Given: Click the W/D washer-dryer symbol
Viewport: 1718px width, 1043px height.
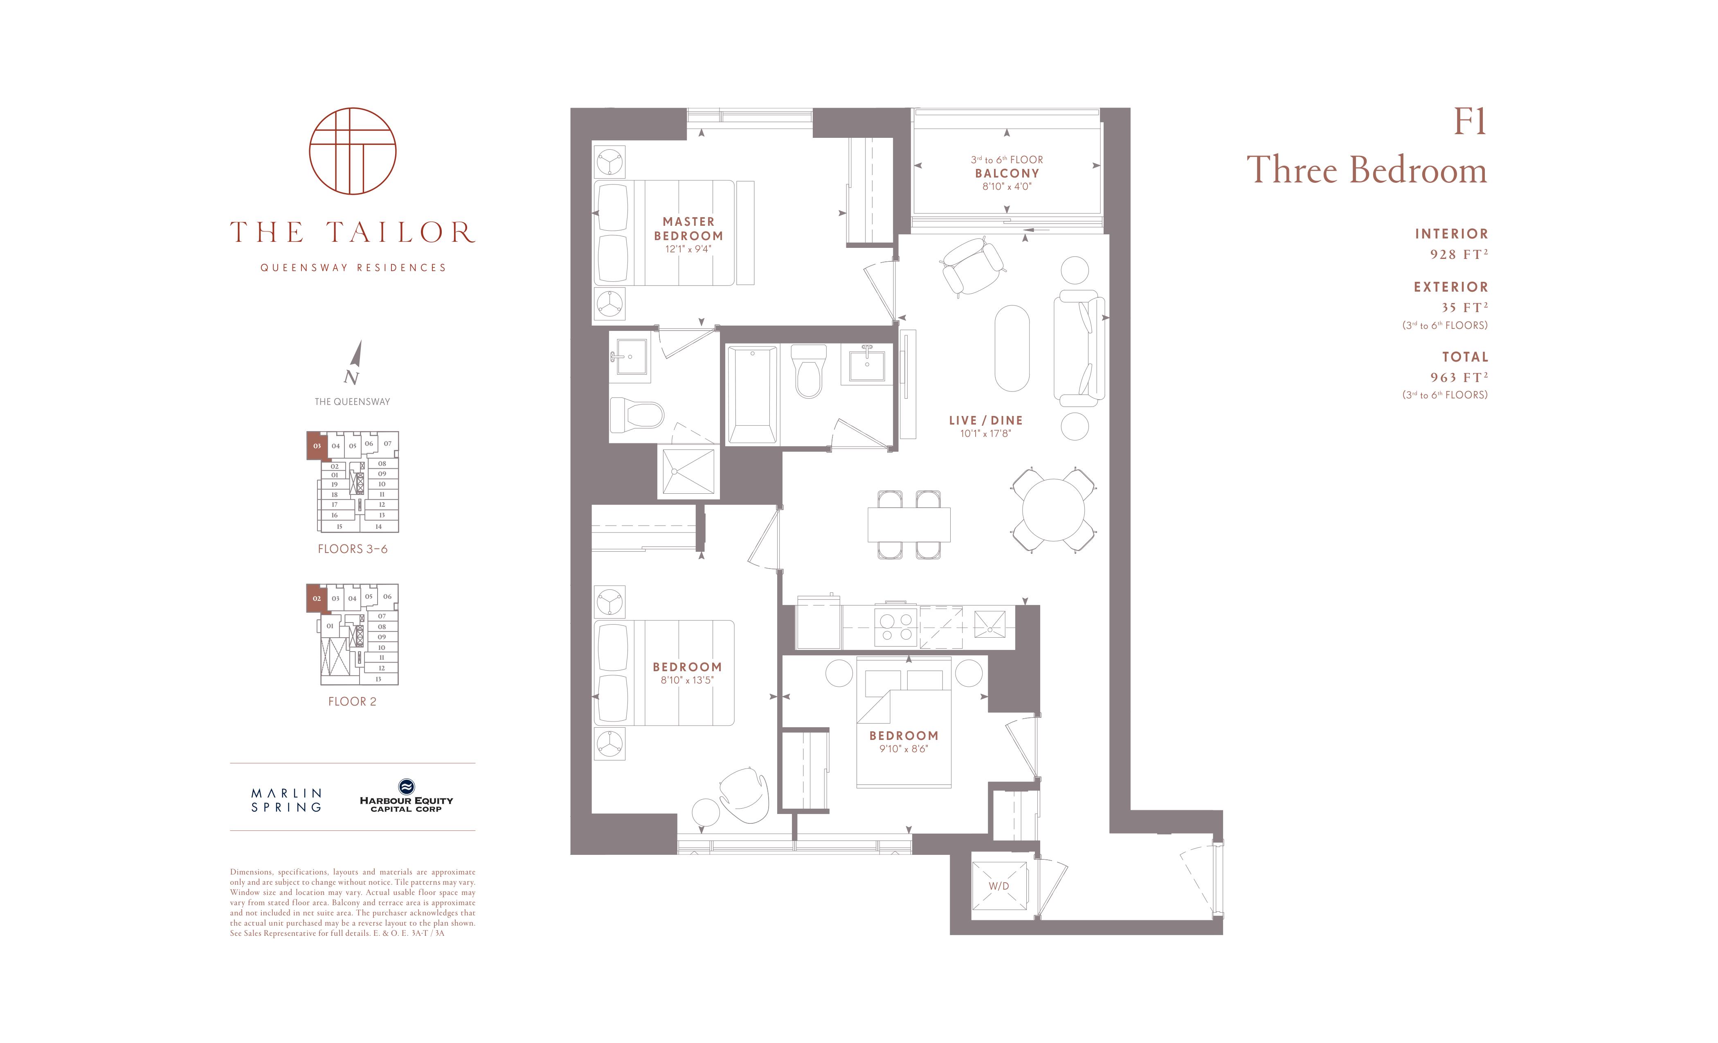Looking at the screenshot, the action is coord(999,886).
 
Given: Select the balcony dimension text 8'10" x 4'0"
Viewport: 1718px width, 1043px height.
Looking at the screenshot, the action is coord(1007,187).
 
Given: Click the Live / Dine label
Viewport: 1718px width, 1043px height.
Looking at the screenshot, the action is coord(986,420).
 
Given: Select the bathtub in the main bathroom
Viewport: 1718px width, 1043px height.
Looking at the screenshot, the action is coord(752,395).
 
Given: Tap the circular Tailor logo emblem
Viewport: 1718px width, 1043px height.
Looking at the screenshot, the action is coord(353,151).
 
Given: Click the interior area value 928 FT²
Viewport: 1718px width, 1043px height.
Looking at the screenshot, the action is coord(1459,254).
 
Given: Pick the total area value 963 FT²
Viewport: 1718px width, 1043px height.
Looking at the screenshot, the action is coord(1459,377).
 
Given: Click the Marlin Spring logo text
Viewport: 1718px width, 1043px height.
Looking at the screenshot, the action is coord(287,800).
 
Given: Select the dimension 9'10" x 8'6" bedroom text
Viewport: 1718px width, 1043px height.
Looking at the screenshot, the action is coord(904,749).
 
